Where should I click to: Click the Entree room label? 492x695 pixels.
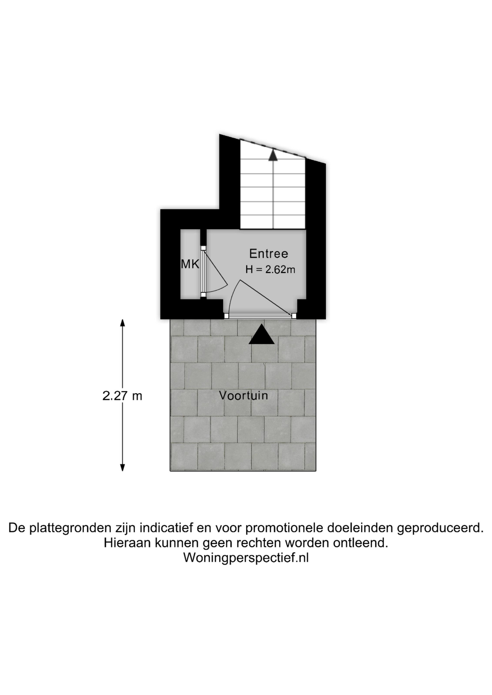[268, 253]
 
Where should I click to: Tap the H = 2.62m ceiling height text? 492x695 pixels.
[270, 269]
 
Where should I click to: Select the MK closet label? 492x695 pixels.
[190, 264]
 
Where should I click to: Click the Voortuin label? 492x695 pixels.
[243, 395]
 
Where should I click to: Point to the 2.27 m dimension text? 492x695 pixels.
[122, 396]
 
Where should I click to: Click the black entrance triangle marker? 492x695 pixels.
[262, 334]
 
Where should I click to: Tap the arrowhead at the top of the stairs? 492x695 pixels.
[273, 155]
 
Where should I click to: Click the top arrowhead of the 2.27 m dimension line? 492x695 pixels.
[122, 323]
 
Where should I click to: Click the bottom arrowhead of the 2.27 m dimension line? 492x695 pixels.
[122, 467]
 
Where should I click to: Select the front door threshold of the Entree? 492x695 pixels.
[259, 316]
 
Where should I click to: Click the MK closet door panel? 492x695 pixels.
[204, 271]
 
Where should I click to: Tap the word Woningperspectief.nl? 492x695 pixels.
[246, 557]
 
